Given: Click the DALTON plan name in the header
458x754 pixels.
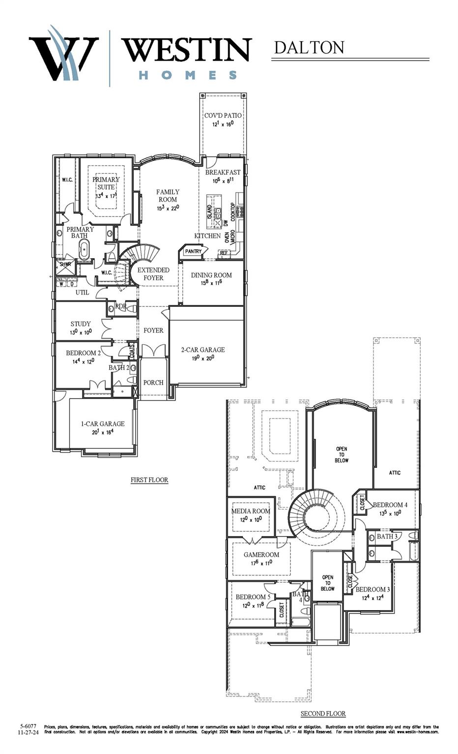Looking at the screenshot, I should [309, 48].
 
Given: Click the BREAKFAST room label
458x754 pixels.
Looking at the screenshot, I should [223, 172].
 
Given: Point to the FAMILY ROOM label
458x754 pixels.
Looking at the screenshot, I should [168, 195].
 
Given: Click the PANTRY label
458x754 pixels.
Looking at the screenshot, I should [193, 251].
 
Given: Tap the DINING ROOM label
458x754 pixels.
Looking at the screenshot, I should [211, 275].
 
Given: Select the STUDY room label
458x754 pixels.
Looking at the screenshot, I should [81, 324].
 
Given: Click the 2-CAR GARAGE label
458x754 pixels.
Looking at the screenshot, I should [203, 350].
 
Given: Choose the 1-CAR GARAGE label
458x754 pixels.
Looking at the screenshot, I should [103, 424].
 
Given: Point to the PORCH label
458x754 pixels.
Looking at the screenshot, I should [153, 382].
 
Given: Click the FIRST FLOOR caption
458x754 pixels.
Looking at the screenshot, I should [149, 480].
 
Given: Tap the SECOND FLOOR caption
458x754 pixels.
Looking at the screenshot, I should [323, 713].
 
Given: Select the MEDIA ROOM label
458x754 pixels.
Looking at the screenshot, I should [251, 511].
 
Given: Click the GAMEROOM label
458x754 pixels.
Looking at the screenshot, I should [261, 555].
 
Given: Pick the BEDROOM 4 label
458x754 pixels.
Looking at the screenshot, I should [390, 505].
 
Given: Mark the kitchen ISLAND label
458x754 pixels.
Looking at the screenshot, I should [210, 212].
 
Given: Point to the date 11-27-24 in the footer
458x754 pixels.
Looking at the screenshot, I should [28, 731].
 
